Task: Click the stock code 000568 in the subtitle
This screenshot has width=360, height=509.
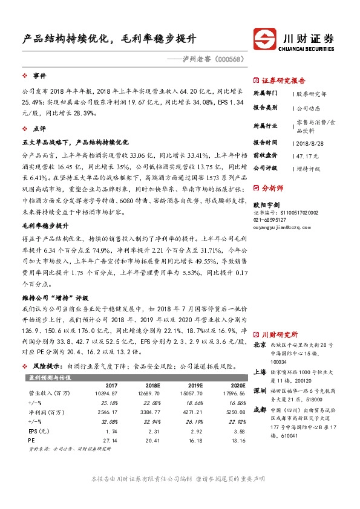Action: click(x=228, y=59)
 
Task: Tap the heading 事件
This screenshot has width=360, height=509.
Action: click(x=39, y=77)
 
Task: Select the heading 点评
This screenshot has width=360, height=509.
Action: click(x=39, y=128)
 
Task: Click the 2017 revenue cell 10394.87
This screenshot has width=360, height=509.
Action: click(x=105, y=394)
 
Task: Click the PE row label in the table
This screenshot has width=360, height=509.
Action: click(x=31, y=441)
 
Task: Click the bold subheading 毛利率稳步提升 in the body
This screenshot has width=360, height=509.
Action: click(x=45, y=225)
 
